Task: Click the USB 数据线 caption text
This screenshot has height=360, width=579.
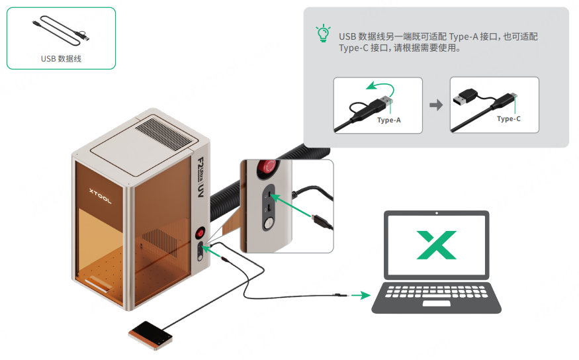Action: pyautogui.click(x=61, y=59)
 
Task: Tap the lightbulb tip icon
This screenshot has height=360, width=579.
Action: pyautogui.click(x=322, y=34)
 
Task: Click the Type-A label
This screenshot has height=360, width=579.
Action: pyautogui.click(x=388, y=120)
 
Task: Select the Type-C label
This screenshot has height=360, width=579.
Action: pyautogui.click(x=508, y=119)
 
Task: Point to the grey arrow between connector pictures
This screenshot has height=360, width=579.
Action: pyautogui.click(x=436, y=105)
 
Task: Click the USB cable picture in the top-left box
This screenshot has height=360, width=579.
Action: pyautogui.click(x=62, y=31)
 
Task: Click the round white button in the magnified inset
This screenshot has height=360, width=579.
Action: pyautogui.click(x=267, y=224)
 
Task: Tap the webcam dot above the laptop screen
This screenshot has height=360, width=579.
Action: pyautogui.click(x=437, y=213)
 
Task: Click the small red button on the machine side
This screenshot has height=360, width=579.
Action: pyautogui.click(x=200, y=233)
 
